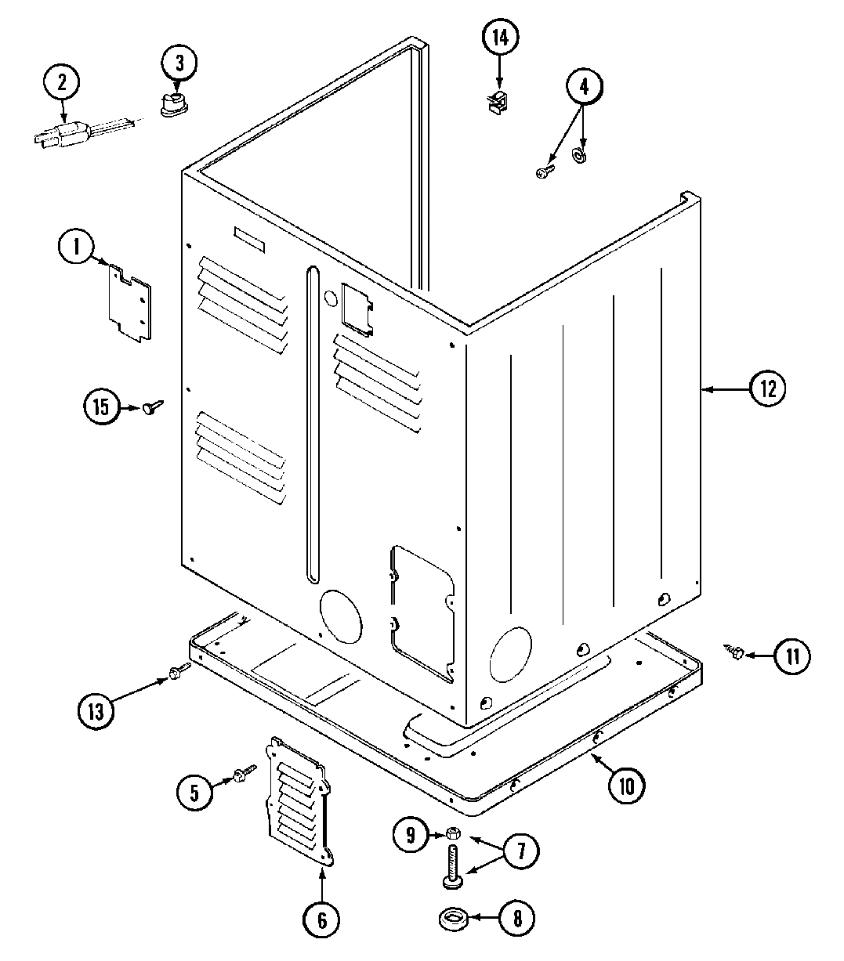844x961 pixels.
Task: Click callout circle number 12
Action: (766, 389)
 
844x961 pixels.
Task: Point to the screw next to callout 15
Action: (152, 406)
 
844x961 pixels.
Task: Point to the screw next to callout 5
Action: (241, 775)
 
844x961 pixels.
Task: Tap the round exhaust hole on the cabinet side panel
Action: (509, 652)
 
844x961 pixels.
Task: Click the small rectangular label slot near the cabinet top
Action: (249, 239)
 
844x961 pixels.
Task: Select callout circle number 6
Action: (322, 918)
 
